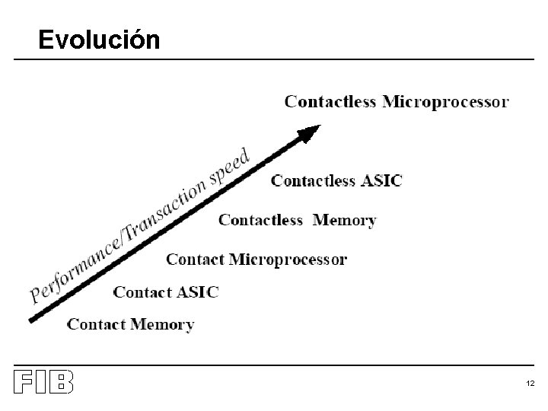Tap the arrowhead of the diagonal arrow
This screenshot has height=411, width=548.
coord(308,135)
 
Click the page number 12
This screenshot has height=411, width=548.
coord(530,384)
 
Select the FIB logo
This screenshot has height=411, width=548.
coord(44,382)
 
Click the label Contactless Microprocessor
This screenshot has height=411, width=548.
coord(397,101)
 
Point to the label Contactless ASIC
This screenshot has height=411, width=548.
coord(336,180)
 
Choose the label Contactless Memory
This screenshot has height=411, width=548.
coord(297,220)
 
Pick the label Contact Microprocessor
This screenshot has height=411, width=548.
coord(256,260)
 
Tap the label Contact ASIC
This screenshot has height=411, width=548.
coord(166,292)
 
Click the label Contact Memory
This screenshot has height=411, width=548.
coord(131,324)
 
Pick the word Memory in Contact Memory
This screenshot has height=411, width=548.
coord(162,325)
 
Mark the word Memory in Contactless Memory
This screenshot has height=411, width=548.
coord(345,220)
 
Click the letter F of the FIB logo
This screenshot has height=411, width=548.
coord(23,382)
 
